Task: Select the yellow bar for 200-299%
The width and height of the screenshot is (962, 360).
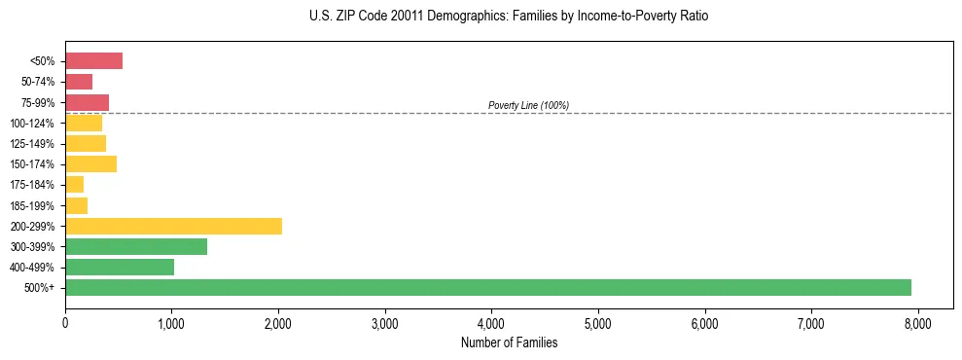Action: [173, 226]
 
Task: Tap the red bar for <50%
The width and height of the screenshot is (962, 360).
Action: [93, 61]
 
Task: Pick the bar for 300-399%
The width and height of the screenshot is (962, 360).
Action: [136, 247]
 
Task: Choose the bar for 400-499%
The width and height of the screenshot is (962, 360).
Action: [120, 268]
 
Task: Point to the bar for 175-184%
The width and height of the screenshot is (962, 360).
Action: [74, 185]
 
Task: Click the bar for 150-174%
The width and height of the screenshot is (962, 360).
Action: [90, 164]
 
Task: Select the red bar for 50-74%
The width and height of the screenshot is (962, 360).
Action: [79, 82]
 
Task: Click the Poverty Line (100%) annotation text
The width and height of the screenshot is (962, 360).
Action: [528, 105]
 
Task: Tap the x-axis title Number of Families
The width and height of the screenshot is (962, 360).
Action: [509, 342]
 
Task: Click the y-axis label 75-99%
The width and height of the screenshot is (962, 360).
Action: [38, 103]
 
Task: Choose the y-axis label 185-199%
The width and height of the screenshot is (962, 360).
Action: [34, 206]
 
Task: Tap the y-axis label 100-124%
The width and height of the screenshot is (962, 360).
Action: [34, 124]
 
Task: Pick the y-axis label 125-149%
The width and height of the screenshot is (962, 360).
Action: [34, 144]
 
